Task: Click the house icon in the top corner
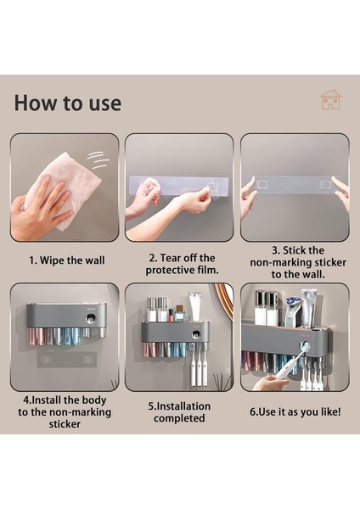pyautogui.click(x=330, y=99)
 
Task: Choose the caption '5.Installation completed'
pyautogui.click(x=180, y=412)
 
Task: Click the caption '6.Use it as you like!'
pyautogui.click(x=295, y=411)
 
